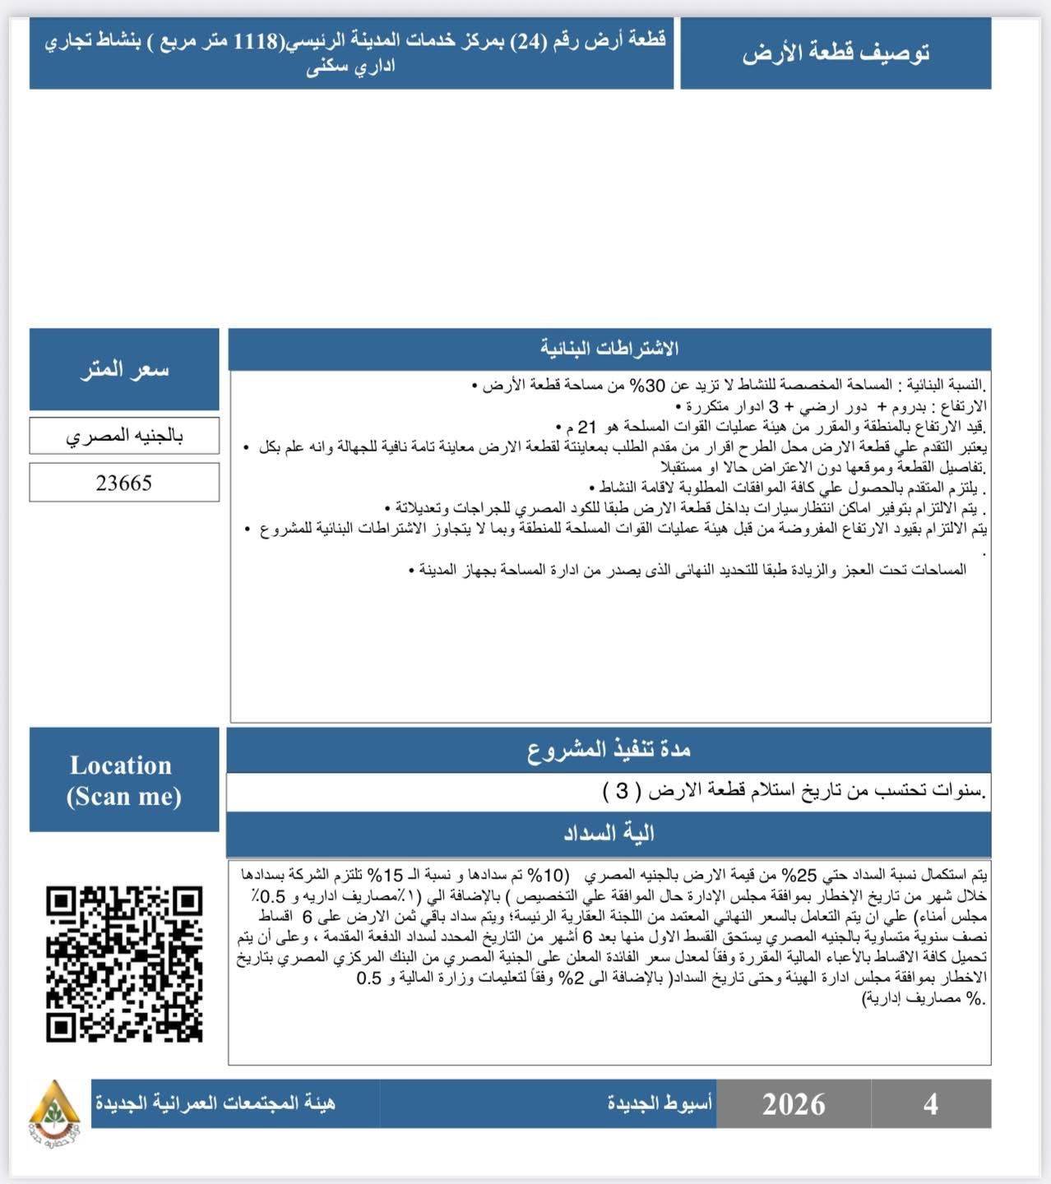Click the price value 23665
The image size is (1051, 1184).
(x=124, y=483)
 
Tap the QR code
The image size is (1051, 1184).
(x=124, y=964)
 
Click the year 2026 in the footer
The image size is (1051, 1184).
(x=794, y=1104)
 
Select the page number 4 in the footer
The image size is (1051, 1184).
(x=930, y=1104)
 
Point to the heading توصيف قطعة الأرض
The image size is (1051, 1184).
(x=836, y=53)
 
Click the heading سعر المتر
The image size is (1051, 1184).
(x=124, y=369)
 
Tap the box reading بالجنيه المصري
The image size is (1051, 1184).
(x=124, y=436)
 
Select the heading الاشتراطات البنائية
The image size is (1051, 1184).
(x=609, y=349)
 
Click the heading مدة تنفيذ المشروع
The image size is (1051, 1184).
(x=609, y=750)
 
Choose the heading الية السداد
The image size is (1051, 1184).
(x=609, y=834)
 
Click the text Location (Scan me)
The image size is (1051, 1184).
(x=123, y=780)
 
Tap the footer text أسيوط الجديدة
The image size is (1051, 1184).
(x=660, y=1103)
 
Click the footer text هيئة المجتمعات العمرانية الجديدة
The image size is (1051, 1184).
(x=215, y=1103)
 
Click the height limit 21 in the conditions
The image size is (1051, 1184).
(x=587, y=427)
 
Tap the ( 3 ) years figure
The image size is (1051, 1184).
(x=621, y=792)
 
